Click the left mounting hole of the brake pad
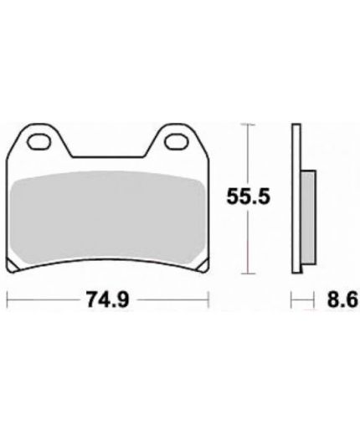pyautogui.click(x=39, y=141)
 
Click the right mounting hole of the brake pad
pyautogui.click(x=177, y=141)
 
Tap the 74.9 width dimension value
pyautogui.click(x=108, y=299)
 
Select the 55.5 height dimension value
pyautogui.click(x=249, y=197)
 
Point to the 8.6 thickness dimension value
pyautogui.click(x=342, y=299)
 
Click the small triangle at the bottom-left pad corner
pyautogui.click(x=11, y=266)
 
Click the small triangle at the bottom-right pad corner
pyautogui.click(x=203, y=266)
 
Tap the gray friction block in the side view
pyautogui.click(x=308, y=217)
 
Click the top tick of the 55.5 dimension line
pyautogui.click(x=248, y=125)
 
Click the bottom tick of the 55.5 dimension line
pyautogui.click(x=248, y=274)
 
